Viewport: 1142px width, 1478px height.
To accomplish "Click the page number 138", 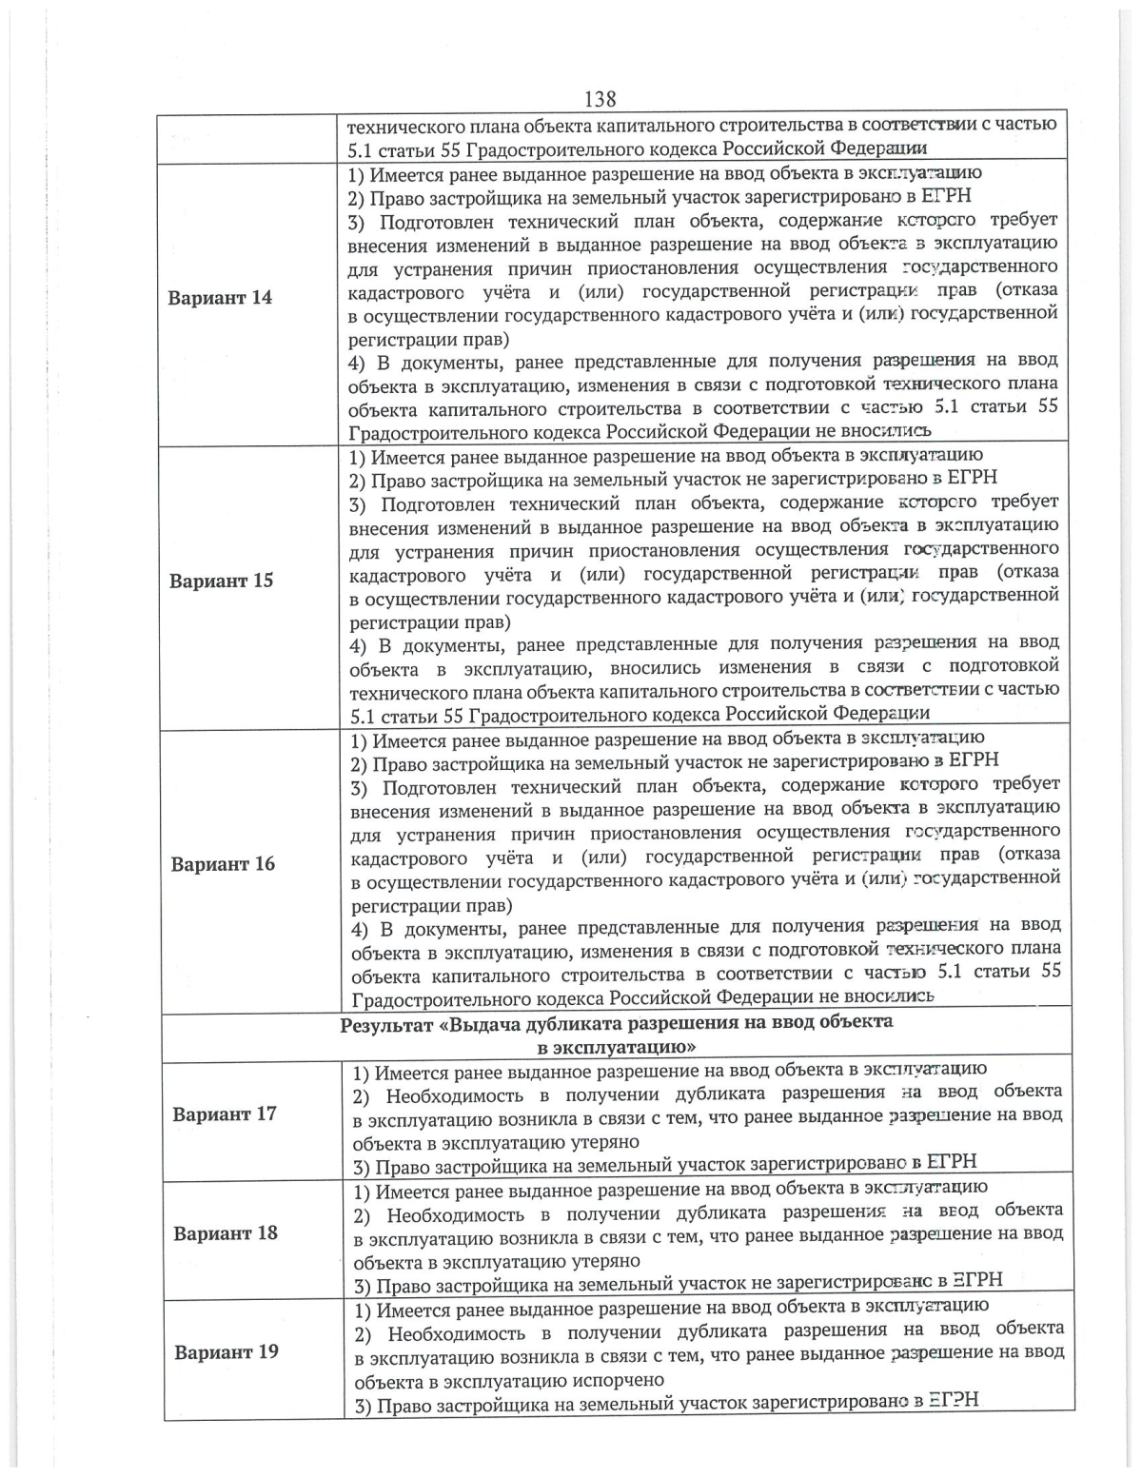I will [x=600, y=99].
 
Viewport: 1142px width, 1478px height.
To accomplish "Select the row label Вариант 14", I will [x=220, y=297].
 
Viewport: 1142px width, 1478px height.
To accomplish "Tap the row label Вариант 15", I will [x=221, y=581].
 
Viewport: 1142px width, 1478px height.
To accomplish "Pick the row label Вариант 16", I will [x=223, y=864].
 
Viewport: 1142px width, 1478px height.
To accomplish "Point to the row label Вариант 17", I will [x=225, y=1113].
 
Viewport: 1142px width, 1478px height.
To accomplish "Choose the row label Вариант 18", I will [x=226, y=1232].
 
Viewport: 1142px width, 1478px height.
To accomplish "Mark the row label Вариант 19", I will [x=226, y=1351].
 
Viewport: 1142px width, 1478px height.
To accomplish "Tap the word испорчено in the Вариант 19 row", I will [x=619, y=1380].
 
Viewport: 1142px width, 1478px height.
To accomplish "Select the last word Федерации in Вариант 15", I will [x=882, y=713].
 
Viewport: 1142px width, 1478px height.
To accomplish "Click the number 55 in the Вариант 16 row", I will [x=1048, y=972].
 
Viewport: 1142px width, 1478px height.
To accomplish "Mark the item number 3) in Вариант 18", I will [x=363, y=1285].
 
